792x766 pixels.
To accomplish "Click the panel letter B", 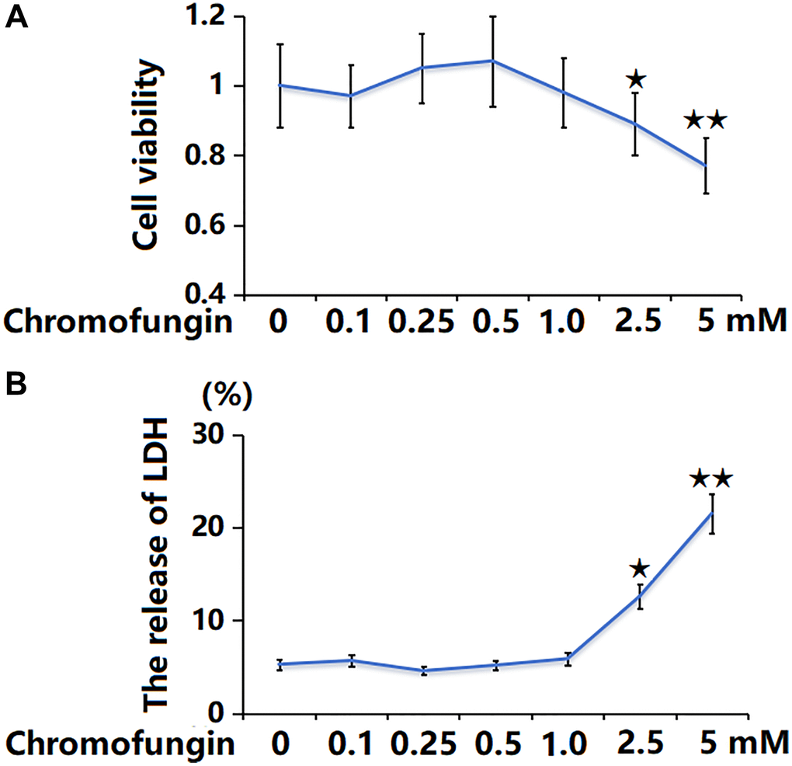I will pyautogui.click(x=17, y=386).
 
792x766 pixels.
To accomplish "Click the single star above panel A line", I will pyautogui.click(x=635, y=78).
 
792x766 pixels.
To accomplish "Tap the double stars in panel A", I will pyautogui.click(x=705, y=120).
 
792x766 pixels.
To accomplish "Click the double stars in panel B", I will pyautogui.click(x=710, y=479).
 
